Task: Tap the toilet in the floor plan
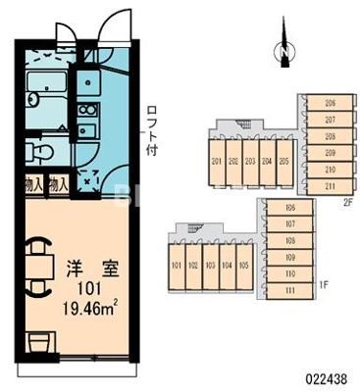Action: point(41,151)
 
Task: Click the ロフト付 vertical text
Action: point(151,132)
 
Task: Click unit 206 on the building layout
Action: point(331,103)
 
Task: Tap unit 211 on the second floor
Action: point(331,185)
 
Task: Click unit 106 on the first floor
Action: point(290,209)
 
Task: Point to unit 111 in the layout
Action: point(290,291)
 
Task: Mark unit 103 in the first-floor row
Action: point(210,265)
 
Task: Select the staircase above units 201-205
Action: point(234,124)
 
